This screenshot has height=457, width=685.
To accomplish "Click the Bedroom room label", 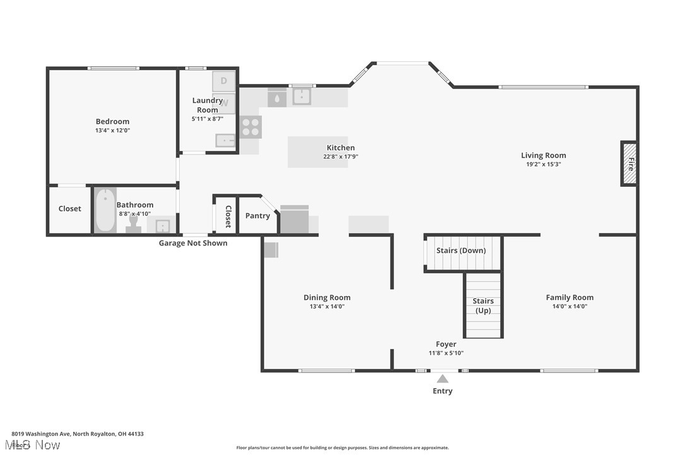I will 112,122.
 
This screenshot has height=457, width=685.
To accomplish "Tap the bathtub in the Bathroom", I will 105,210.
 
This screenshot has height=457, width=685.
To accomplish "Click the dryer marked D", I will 224,81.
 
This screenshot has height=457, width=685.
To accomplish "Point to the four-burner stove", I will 250,127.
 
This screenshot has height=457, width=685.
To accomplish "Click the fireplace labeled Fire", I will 629,164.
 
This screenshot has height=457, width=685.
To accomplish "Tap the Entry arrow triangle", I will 443,379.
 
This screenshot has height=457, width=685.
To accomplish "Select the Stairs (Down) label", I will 461,251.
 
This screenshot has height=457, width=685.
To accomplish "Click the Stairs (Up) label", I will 483,306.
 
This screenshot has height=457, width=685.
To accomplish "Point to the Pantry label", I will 257,216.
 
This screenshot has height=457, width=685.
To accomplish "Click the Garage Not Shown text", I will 193,243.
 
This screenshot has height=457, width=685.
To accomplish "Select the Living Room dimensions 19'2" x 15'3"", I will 543,164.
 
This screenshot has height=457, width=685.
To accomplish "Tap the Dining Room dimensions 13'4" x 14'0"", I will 327,306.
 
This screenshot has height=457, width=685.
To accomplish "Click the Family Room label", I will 570,297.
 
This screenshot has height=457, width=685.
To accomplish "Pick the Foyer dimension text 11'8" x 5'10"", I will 446,353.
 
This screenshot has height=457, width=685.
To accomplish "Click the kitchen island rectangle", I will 317,152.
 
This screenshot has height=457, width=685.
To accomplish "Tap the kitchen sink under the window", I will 302,97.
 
